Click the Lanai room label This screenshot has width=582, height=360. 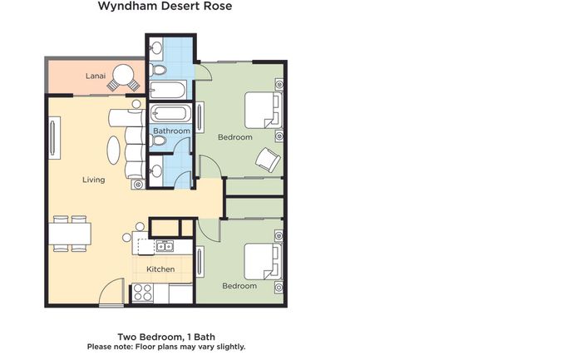pyautogui.click(x=96, y=76)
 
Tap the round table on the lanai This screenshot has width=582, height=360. pyautogui.click(x=124, y=76)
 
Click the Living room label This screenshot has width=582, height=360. pyautogui.click(x=93, y=180)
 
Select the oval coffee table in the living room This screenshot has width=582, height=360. pyautogui.click(x=114, y=150)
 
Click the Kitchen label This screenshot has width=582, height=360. pyautogui.click(x=160, y=269)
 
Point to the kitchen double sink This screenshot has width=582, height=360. pyautogui.click(x=165, y=246)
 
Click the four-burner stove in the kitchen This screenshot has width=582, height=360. pyautogui.click(x=143, y=293)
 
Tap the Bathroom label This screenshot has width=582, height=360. pyautogui.click(x=171, y=131)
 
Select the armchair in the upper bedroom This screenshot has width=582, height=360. pyautogui.click(x=268, y=160)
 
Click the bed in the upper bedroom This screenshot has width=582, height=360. pyautogui.click(x=264, y=111)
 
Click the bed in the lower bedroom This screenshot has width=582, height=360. pyautogui.click(x=263, y=261)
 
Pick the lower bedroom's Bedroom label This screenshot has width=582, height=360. pyautogui.click(x=239, y=286)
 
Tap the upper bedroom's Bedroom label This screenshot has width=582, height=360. pyautogui.click(x=235, y=137)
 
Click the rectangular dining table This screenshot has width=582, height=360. pyautogui.click(x=70, y=234)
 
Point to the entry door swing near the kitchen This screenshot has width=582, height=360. pyautogui.click(x=111, y=292)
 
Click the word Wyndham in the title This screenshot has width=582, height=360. pyautogui.click(x=122, y=6)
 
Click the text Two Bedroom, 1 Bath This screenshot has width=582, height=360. pyautogui.click(x=166, y=337)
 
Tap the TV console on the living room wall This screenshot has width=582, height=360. pyautogui.click(x=54, y=138)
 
